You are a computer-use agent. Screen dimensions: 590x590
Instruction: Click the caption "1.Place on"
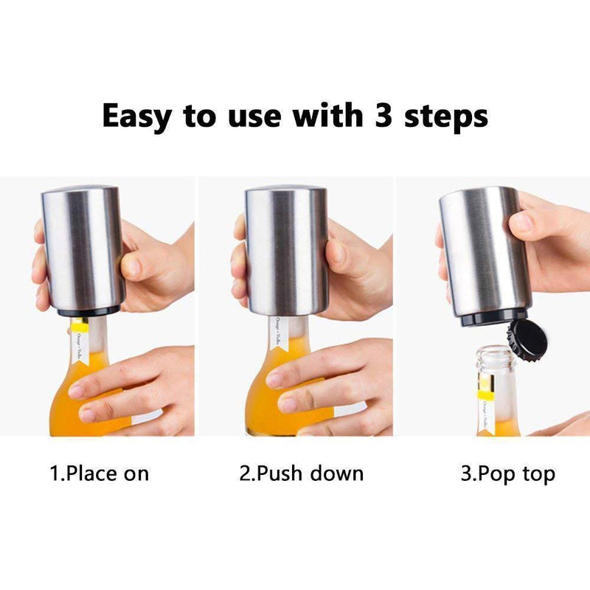point(99,473)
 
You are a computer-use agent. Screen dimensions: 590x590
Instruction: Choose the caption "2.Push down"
point(302,473)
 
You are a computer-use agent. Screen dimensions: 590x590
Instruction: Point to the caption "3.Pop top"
point(507,473)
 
